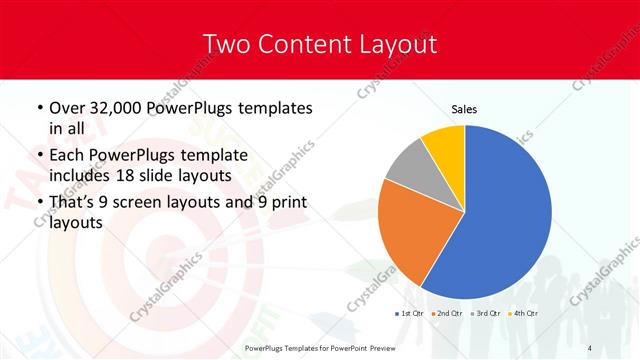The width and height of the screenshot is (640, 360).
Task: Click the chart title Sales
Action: (x=464, y=109)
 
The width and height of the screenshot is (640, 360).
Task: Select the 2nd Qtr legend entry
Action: (x=448, y=315)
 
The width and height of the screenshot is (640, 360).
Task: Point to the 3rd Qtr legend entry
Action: (x=485, y=315)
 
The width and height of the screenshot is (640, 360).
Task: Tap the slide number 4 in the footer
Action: (x=591, y=347)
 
